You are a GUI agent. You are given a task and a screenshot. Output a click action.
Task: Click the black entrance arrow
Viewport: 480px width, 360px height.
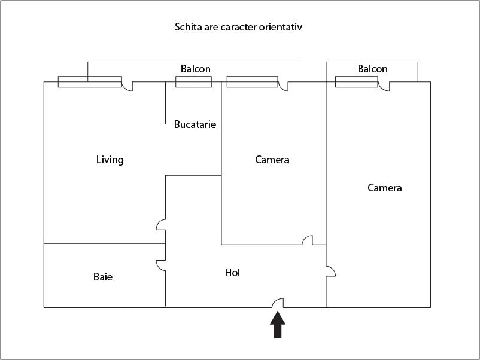pyautogui.click(x=277, y=326)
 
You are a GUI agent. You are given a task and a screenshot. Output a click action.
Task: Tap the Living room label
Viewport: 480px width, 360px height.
pyautogui.click(x=110, y=160)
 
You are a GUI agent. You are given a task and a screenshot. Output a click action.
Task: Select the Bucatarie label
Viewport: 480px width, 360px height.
pyautogui.click(x=195, y=124)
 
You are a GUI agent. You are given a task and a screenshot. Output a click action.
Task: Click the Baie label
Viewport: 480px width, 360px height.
pyautogui.click(x=103, y=277)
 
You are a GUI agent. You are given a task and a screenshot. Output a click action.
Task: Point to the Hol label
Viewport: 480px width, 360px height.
pyautogui.click(x=233, y=273)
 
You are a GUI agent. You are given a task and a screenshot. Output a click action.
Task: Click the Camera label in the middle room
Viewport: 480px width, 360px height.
pyautogui.click(x=272, y=160)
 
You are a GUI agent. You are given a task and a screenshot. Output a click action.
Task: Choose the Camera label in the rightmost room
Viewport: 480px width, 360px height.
pyautogui.click(x=385, y=188)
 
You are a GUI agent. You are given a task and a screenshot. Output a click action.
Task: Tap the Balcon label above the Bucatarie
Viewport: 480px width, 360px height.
pyautogui.click(x=196, y=69)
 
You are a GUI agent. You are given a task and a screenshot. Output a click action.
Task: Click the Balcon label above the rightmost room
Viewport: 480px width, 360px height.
pyautogui.click(x=373, y=69)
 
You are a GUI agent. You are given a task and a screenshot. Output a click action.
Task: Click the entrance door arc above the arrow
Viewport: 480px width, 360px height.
pyautogui.click(x=278, y=303)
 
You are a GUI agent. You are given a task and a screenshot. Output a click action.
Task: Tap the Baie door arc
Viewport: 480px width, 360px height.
pyautogui.click(x=160, y=265)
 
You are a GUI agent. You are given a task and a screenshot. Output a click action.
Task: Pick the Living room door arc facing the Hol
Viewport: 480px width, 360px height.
pyautogui.click(x=160, y=225)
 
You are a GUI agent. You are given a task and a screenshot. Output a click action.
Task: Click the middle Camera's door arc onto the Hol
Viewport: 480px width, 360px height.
pyautogui.click(x=307, y=240)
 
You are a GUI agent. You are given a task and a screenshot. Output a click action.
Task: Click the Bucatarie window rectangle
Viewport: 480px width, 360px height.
pyautogui.click(x=193, y=81)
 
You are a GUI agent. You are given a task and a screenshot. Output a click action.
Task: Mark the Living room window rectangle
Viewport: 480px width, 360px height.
pyautogui.click(x=90, y=82)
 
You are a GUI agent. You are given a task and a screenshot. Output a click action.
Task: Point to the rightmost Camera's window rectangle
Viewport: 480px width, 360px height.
pyautogui.click(x=356, y=81)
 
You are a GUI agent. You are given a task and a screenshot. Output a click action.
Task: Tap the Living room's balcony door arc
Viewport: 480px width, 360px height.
pyautogui.click(x=127, y=87)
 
